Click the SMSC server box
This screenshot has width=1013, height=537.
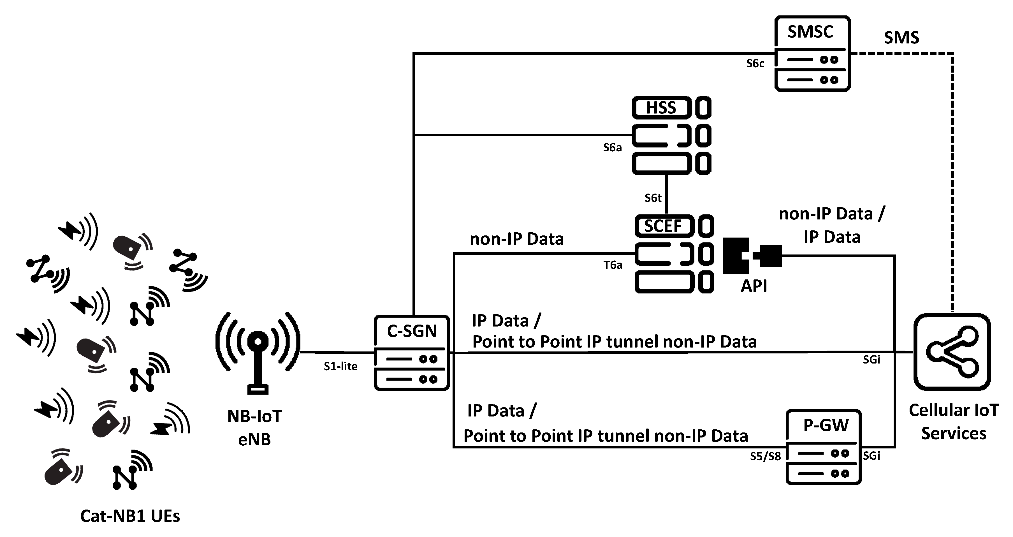[x=812, y=54]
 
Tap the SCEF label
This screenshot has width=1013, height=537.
[x=663, y=226]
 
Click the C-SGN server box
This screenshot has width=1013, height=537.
[x=411, y=353]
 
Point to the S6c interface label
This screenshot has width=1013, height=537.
[x=755, y=64]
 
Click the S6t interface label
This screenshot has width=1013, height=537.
[x=653, y=198]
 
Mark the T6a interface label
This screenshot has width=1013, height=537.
[x=613, y=265]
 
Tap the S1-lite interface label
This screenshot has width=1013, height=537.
[x=340, y=367]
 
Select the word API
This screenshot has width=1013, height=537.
[x=754, y=286]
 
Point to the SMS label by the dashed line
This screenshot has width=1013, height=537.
[x=901, y=38]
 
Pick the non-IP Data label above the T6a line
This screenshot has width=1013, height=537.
[x=516, y=239]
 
